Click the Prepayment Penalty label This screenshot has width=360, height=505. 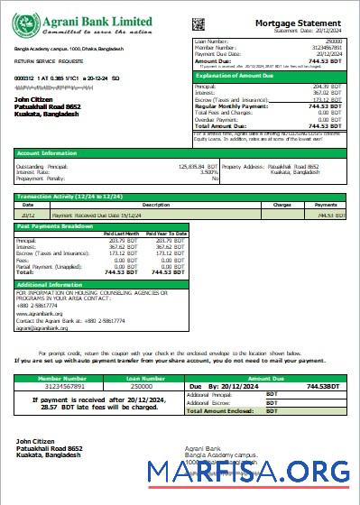[37, 178]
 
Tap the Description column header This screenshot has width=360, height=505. [143, 205]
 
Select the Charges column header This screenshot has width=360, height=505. [282, 205]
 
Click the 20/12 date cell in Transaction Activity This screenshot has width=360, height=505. [28, 216]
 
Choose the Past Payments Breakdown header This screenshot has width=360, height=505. [55, 226]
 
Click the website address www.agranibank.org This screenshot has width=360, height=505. [39, 313]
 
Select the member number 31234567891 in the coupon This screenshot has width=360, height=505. [58, 386]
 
